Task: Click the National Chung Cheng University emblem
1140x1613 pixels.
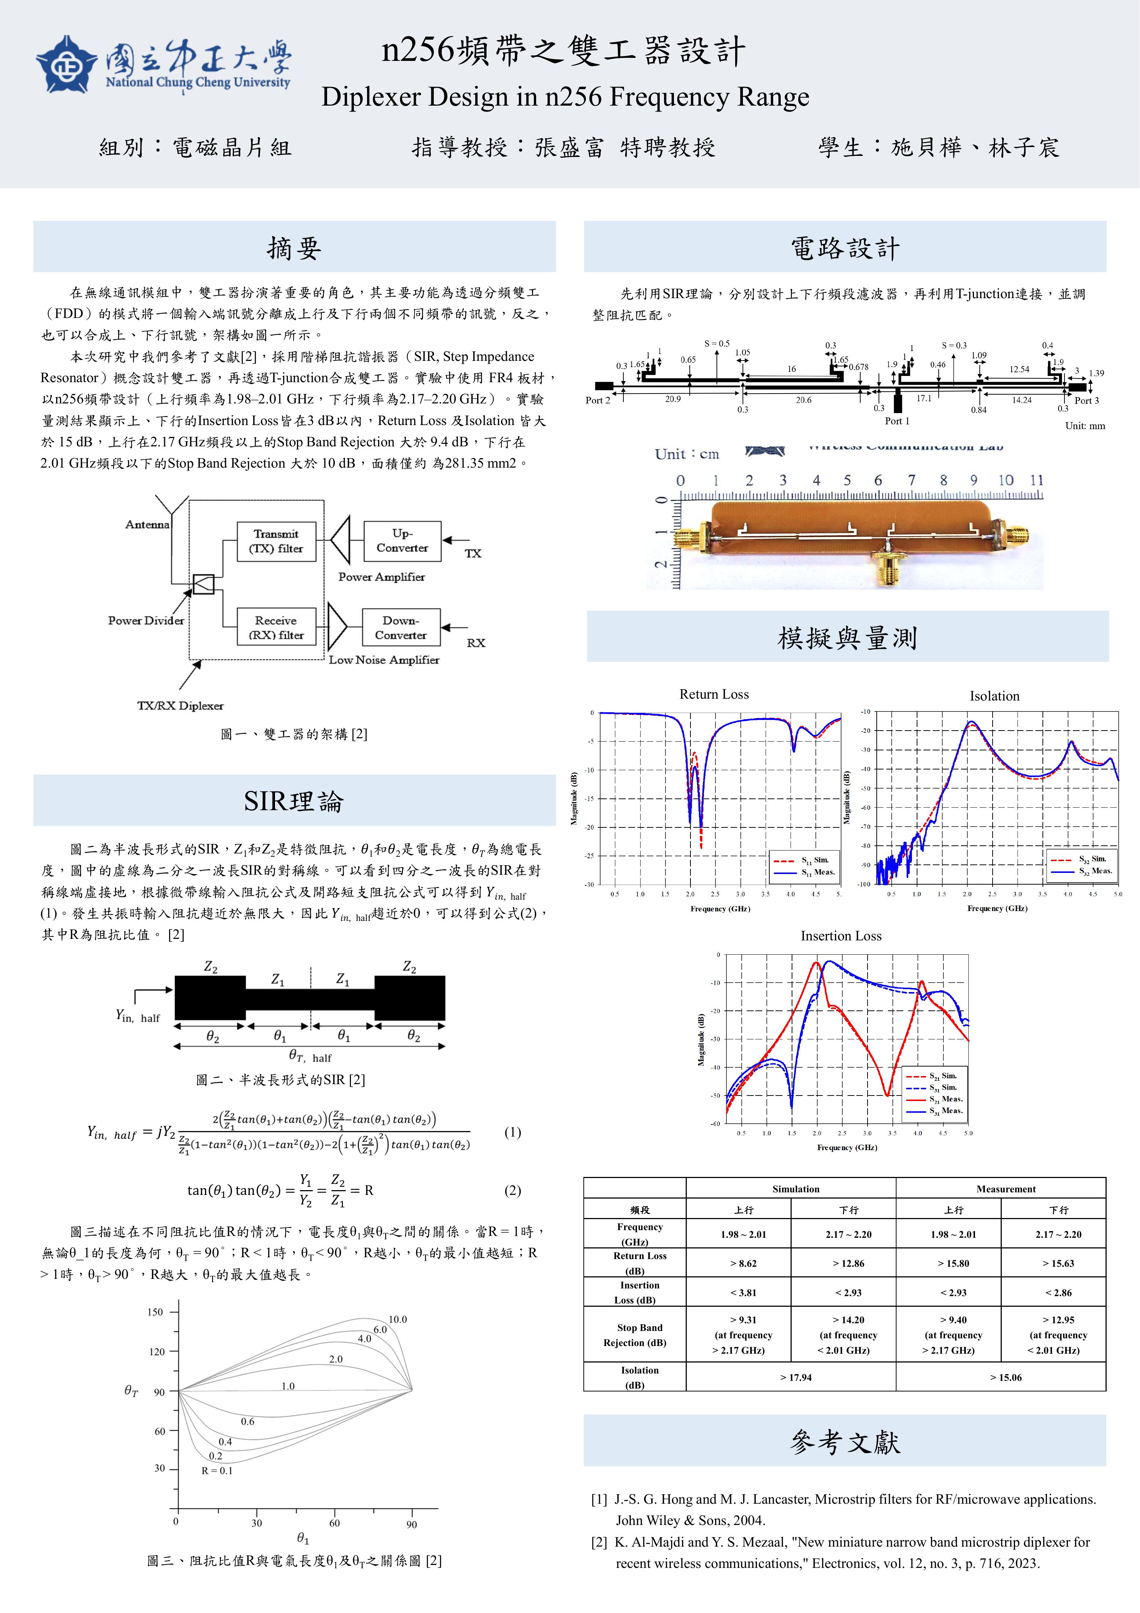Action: (x=67, y=65)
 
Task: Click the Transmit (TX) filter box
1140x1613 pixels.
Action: (x=276, y=541)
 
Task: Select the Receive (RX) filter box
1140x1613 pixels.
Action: (x=276, y=628)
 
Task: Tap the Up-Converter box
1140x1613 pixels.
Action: (x=402, y=541)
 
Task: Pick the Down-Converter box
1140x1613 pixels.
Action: (x=400, y=628)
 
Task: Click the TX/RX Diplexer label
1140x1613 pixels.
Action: (x=180, y=705)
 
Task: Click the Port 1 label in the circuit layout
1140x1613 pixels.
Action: (x=897, y=421)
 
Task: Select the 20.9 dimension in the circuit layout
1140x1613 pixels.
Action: (x=673, y=399)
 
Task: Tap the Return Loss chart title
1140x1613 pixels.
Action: (x=714, y=694)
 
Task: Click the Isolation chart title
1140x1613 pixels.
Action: (x=994, y=696)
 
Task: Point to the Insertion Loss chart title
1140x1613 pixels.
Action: (x=841, y=936)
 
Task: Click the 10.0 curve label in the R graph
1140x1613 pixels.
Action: (x=397, y=1319)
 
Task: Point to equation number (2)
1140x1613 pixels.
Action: (x=513, y=1190)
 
